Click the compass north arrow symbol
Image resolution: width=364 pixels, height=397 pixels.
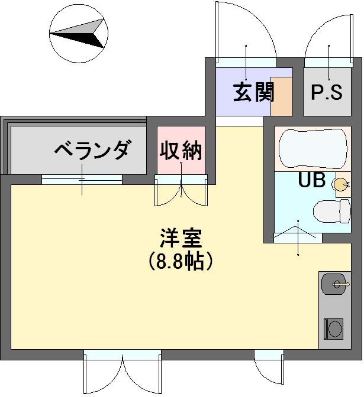tap(79, 33)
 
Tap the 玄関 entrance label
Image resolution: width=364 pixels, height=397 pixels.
tap(254, 92)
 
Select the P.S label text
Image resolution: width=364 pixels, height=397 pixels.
tap(327, 92)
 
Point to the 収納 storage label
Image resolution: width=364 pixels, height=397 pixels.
tap(181, 151)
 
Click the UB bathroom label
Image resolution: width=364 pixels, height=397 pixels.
tap(312, 180)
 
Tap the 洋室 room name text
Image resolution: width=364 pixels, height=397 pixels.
tap(181, 238)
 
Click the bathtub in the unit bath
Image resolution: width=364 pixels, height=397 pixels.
tap(313, 149)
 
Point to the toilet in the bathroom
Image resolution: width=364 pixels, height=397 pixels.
tap(332, 211)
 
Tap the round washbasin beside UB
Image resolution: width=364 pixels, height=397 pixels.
tap(340, 184)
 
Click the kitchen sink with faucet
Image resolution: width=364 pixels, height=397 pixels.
tap(334, 284)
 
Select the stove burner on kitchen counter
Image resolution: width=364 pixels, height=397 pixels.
tap(334, 328)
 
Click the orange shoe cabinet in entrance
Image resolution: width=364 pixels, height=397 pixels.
tap(282, 96)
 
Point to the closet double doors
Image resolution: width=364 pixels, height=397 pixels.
tap(181, 190)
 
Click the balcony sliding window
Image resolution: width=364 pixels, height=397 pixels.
tap(82, 180)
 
